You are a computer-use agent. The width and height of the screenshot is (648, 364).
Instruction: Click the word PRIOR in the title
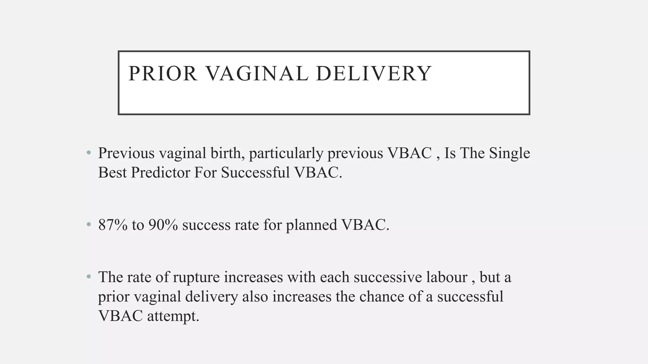pyautogui.click(x=163, y=73)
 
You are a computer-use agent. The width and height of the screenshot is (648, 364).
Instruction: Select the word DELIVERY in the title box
pyautogui.click(x=373, y=73)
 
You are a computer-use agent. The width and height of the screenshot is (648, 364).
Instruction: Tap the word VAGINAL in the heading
pyautogui.click(x=257, y=73)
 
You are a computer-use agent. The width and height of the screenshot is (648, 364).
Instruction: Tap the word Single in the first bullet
pyautogui.click(x=509, y=154)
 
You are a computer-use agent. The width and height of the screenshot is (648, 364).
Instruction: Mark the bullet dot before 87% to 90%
pyautogui.click(x=89, y=225)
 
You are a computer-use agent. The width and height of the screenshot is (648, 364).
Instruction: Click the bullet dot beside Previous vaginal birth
pyautogui.click(x=89, y=153)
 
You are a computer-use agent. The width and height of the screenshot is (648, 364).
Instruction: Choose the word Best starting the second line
pyautogui.click(x=112, y=173)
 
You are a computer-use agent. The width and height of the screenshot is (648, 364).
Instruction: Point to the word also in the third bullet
pyautogui.click(x=255, y=297)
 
